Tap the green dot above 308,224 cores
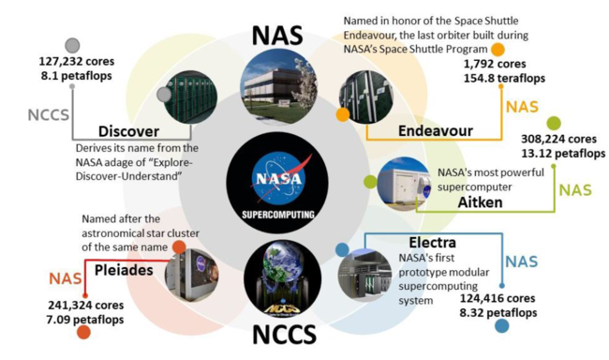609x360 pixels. (554, 122)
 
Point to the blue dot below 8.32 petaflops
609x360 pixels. (501, 326)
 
